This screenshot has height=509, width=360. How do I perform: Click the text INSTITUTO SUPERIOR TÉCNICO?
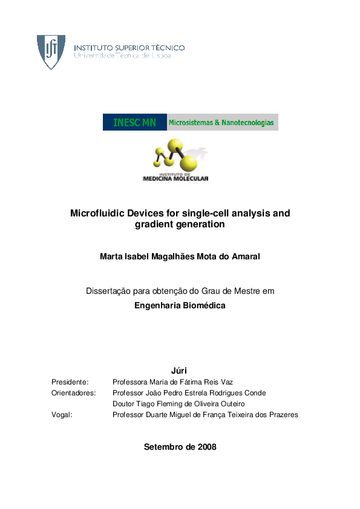129,47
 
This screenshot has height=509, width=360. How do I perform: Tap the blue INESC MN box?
134,123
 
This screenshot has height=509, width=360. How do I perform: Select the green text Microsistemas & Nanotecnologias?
221,123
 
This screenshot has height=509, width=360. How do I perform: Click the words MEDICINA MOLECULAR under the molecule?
175,178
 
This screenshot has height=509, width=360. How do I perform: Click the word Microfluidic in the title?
96,213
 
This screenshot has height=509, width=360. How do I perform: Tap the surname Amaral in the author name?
245,257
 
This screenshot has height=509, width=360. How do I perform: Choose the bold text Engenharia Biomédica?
180,306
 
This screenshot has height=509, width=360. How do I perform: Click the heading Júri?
180,370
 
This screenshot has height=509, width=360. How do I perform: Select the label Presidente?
70,382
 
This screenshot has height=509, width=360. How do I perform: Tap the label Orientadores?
74,393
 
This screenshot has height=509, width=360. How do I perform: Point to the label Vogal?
62,415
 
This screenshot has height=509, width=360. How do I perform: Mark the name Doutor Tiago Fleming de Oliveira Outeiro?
178,404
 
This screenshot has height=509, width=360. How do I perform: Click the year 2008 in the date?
206,447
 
